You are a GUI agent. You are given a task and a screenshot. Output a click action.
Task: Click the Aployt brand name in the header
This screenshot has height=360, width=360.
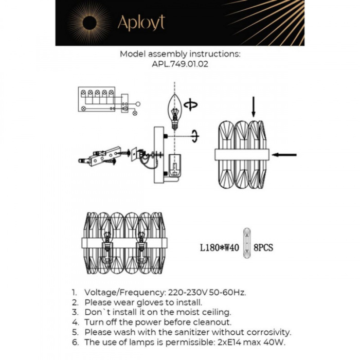(x=141, y=23)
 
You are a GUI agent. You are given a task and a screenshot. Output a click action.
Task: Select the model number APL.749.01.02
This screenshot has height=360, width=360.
(x=180, y=64)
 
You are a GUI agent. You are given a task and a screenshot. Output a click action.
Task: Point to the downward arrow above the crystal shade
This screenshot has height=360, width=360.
(x=253, y=106)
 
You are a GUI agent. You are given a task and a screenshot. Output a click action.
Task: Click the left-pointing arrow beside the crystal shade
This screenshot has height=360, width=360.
(x=284, y=154)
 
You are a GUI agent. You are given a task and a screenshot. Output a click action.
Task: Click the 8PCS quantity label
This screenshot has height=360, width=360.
(x=264, y=248)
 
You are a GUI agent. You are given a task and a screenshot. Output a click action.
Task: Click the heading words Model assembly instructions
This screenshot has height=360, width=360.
(x=180, y=53)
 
